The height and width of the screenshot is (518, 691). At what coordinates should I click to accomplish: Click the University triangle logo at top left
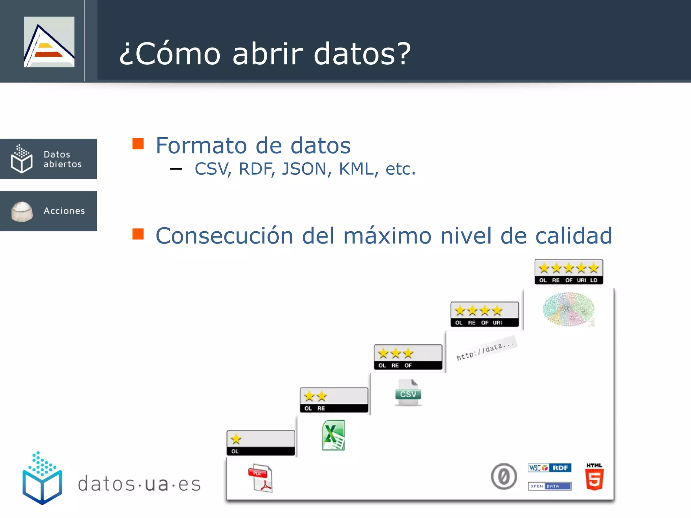click(49, 42)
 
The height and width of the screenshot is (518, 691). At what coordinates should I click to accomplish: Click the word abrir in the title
click(268, 54)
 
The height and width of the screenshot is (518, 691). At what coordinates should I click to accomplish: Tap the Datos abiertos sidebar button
click(49, 159)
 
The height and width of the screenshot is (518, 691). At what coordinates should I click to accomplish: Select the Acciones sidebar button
click(49, 211)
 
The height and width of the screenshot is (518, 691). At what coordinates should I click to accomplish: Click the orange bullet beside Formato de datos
click(138, 144)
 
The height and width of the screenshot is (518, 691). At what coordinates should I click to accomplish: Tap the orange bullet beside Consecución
click(138, 234)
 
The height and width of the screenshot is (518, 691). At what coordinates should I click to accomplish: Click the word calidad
click(574, 235)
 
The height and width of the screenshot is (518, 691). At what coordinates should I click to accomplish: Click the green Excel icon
click(333, 435)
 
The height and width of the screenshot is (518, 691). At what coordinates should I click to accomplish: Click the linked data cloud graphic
click(569, 309)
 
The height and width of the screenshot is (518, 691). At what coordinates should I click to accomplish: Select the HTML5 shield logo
click(594, 478)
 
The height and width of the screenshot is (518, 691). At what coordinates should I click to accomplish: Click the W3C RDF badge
click(549, 468)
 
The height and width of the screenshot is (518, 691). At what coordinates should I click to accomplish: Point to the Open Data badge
click(549, 486)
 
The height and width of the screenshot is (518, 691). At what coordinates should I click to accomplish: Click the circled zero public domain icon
click(504, 477)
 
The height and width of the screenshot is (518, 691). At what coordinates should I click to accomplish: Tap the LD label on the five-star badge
click(593, 280)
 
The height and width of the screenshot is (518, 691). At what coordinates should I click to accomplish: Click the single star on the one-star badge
click(236, 439)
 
